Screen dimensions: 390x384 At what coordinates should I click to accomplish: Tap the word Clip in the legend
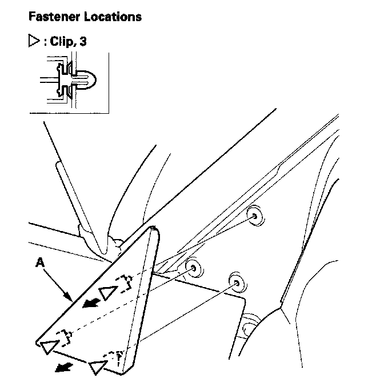click(61, 42)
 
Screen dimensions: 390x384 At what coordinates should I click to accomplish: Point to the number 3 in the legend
click(83, 42)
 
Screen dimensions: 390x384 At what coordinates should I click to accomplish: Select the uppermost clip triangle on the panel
click(107, 292)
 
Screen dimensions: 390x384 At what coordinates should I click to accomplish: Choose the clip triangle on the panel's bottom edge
click(98, 366)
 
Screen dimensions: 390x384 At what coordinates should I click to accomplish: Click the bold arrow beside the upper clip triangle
click(88, 304)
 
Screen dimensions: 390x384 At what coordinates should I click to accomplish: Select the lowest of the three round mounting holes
click(235, 282)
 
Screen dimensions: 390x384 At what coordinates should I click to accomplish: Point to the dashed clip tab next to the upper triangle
click(125, 282)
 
